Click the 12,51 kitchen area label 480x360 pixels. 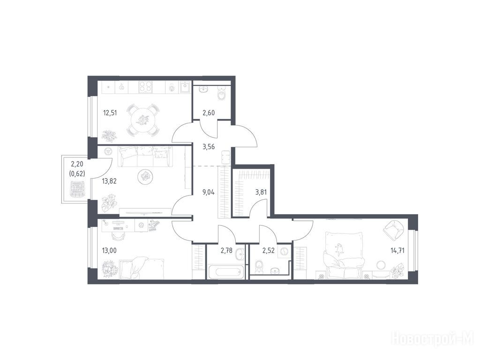click(110, 113)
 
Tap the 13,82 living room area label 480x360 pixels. click(109, 181)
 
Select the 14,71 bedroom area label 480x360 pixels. click(397, 251)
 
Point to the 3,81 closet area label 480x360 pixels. click(261, 193)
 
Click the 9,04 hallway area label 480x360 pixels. click(209, 193)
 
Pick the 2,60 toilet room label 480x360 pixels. click(209, 113)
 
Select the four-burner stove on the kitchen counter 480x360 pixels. click(145, 87)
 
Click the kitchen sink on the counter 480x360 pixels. click(185, 87)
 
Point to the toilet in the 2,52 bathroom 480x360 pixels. click(259, 267)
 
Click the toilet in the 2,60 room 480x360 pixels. click(221, 93)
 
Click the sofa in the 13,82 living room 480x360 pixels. click(144, 156)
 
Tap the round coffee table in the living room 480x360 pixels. click(144, 177)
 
